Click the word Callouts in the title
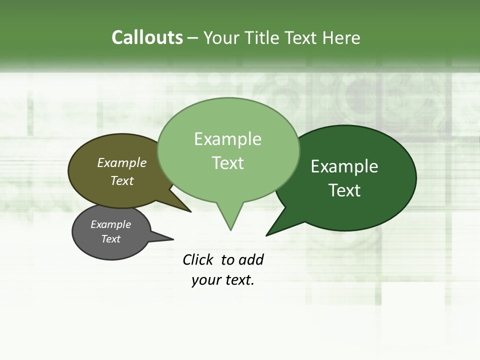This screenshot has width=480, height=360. point(147,37)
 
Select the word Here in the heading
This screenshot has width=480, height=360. point(341,37)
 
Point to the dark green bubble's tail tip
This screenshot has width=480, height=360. point(267,234)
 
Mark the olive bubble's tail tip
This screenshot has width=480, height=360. point(190,211)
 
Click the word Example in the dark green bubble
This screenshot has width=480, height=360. point(344,166)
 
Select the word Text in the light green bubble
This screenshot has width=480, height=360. point(228,162)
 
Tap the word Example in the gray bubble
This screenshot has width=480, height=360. point(111,224)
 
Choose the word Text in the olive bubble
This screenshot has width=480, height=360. point(122,180)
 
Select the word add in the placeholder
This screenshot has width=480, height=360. point(250,259)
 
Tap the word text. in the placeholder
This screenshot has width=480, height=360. point(238,280)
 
